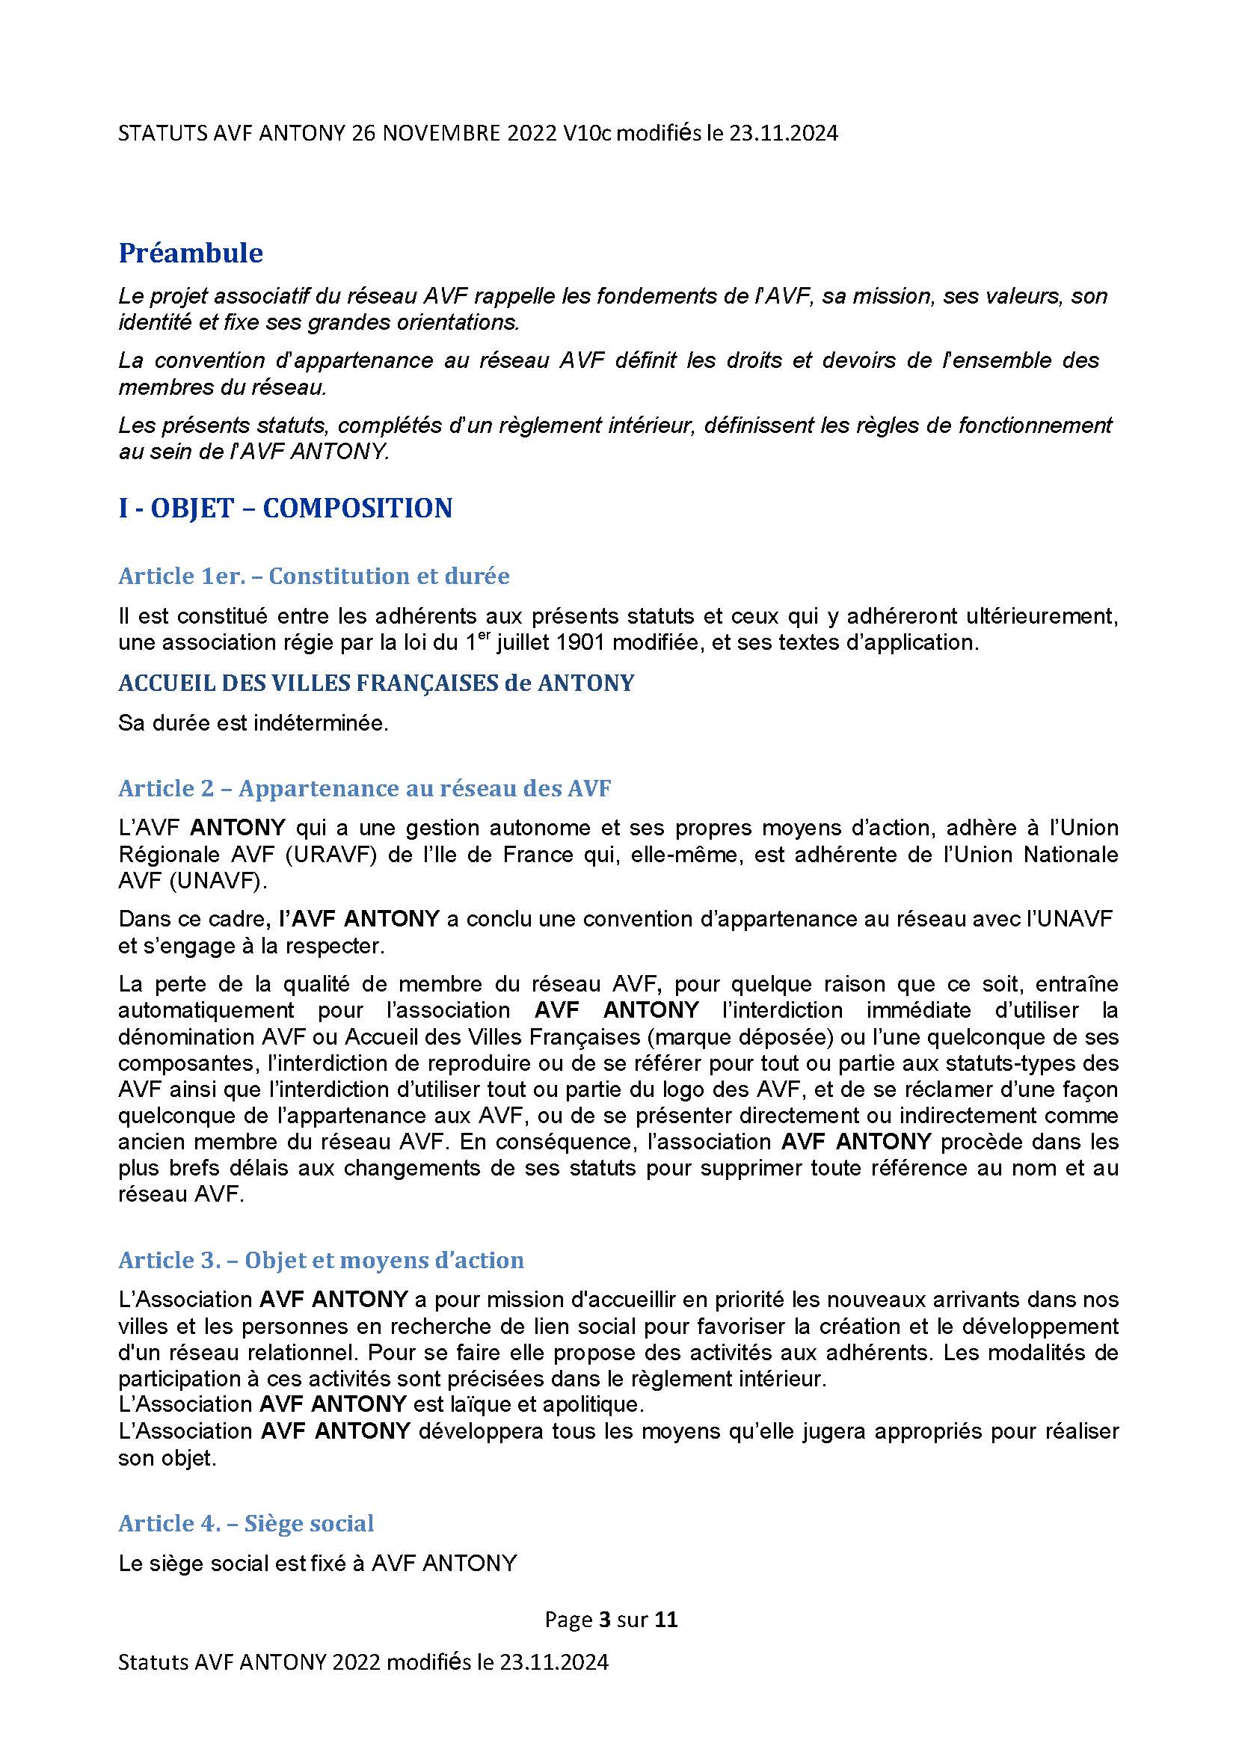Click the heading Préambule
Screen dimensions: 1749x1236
point(191,253)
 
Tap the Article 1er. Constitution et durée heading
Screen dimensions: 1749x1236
point(314,576)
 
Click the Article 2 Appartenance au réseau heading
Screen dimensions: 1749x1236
point(364,788)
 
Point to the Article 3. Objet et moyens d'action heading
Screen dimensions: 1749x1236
point(321,1260)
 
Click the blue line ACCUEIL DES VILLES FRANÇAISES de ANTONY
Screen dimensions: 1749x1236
point(375,683)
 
